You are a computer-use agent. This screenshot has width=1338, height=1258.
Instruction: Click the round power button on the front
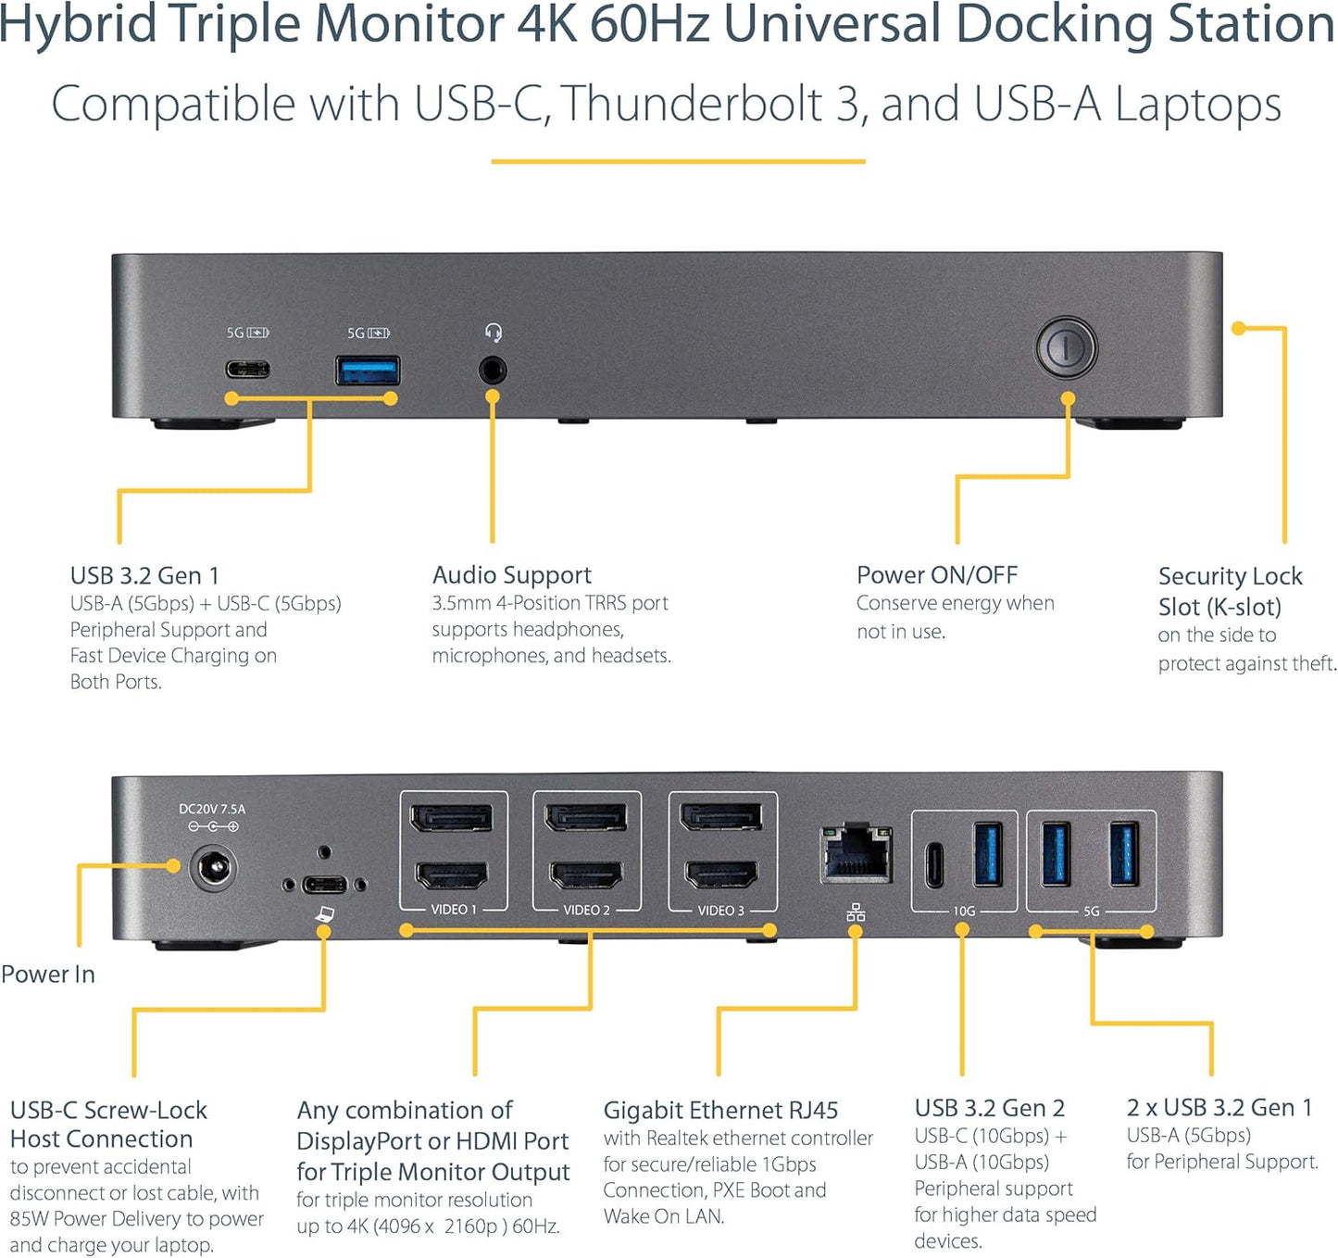1066,347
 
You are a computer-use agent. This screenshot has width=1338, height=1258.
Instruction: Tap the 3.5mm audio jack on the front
494,371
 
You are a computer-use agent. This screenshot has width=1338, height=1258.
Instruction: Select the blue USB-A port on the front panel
368,371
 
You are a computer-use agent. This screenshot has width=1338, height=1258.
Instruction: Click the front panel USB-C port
248,370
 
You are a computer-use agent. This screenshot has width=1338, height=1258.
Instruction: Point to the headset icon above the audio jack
494,333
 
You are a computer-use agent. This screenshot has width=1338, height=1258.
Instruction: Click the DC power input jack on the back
214,870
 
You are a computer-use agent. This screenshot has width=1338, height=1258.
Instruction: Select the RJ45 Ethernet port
857,852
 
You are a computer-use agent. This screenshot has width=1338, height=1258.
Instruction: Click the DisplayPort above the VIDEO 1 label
452,818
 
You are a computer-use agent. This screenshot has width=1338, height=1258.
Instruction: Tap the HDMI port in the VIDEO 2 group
586,874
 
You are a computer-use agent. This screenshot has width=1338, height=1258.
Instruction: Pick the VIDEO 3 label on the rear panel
720,911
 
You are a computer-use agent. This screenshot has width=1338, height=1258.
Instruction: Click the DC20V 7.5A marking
212,809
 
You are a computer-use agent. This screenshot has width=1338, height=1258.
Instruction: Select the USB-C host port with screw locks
324,884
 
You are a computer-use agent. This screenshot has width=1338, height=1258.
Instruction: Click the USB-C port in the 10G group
935,863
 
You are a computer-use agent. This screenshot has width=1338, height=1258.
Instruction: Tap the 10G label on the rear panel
964,912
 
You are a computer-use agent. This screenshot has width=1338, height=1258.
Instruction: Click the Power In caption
48,975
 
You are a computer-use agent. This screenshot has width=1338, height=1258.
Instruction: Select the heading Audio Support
512,575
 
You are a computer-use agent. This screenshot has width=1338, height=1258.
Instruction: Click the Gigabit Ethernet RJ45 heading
720,1110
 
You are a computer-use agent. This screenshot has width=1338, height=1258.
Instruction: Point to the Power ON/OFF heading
937,575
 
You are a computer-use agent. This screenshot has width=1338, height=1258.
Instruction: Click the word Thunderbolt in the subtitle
693,104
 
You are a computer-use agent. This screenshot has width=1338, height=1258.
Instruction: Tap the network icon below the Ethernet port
856,912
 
